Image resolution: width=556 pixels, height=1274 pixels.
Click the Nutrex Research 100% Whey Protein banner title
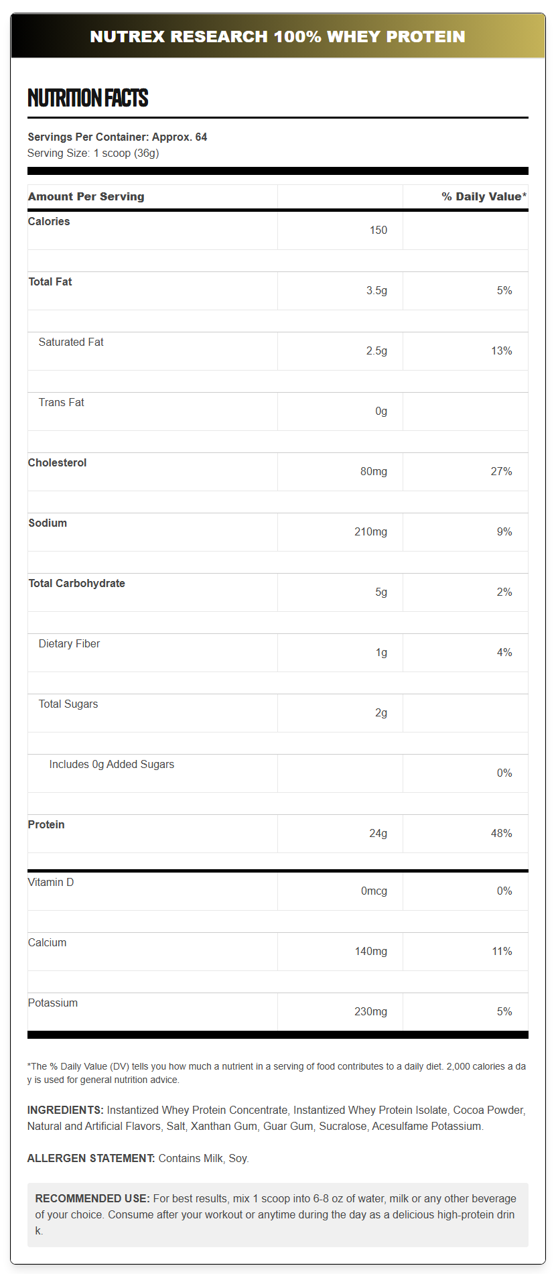coord(277,36)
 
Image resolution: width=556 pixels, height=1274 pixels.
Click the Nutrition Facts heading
coord(88,98)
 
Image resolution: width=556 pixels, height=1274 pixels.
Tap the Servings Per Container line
coord(117,137)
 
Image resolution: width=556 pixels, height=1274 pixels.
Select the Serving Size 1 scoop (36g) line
coord(93,153)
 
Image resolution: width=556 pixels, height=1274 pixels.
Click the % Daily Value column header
coord(484,196)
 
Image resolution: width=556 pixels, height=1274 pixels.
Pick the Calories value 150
coord(378,230)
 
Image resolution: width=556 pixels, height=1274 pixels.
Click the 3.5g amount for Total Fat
coord(376,290)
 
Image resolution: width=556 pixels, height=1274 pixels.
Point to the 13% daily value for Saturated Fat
coord(501,351)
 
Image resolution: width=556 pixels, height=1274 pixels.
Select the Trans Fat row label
coord(61,402)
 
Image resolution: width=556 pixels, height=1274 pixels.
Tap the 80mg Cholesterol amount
coord(373,471)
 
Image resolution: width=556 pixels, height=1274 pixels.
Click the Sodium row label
coord(48,523)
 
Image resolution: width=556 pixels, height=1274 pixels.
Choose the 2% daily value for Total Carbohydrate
coord(504,592)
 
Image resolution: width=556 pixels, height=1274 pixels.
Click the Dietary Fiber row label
coord(69,643)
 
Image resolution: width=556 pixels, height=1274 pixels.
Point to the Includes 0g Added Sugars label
coord(111,764)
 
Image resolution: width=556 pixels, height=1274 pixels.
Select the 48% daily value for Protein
coord(501,833)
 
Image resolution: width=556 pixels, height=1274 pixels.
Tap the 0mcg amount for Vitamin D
coord(374,891)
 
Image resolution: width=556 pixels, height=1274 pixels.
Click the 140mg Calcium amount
coord(370,951)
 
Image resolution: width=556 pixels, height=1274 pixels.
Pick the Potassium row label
coord(53,1003)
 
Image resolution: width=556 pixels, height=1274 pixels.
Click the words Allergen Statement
coord(91,1158)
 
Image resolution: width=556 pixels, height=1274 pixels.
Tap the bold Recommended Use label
coord(92,1198)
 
